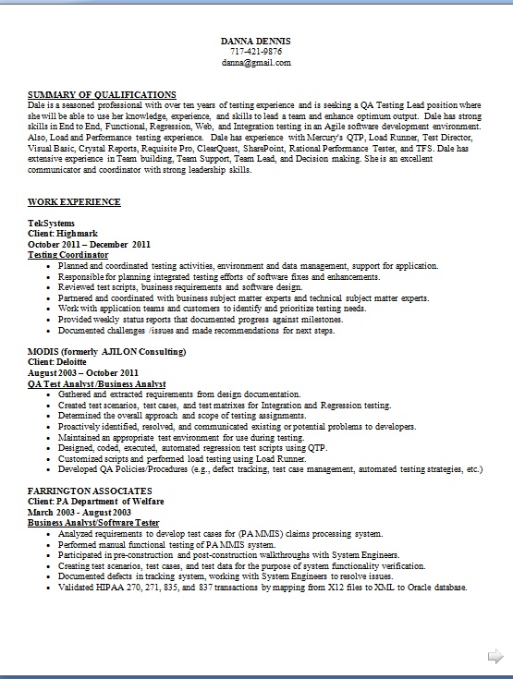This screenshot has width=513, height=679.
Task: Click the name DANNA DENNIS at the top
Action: click(x=256, y=42)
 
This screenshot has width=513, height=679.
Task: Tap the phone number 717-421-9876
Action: click(x=256, y=53)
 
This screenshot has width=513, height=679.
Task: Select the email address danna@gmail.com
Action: click(x=256, y=63)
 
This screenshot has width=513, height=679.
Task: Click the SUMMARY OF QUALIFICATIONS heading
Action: click(x=102, y=94)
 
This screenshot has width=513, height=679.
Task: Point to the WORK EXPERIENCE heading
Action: click(x=74, y=201)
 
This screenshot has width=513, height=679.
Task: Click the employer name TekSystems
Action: click(x=52, y=224)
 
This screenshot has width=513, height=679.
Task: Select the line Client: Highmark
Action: click(x=63, y=234)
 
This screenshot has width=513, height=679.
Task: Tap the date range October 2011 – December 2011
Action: click(x=89, y=244)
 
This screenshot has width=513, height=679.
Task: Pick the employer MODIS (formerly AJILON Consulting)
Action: click(x=107, y=352)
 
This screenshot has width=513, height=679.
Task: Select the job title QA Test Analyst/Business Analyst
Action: click(x=97, y=382)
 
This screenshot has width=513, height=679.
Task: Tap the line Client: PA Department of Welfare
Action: click(x=96, y=501)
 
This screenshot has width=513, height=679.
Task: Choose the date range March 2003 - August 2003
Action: click(x=79, y=512)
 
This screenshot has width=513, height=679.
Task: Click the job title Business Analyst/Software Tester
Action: click(x=93, y=522)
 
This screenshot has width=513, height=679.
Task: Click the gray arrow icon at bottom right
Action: click(x=495, y=656)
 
